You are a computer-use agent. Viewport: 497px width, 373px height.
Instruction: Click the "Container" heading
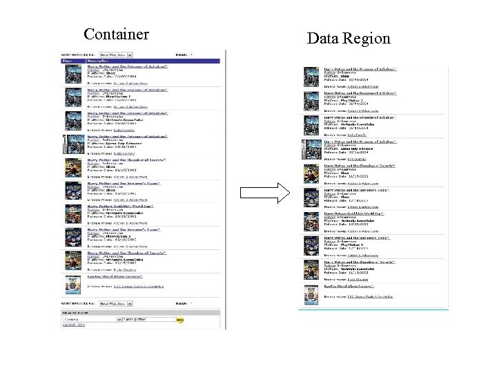coord(116,34)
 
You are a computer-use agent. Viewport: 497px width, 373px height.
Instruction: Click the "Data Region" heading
coord(349,38)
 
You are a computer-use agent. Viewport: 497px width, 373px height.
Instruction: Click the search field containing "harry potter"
coord(148,320)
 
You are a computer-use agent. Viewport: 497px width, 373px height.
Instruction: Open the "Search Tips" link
coord(74,325)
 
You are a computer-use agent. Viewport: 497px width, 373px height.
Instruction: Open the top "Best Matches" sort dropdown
coord(115,54)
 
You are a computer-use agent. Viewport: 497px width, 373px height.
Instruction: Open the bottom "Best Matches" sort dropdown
coord(115,303)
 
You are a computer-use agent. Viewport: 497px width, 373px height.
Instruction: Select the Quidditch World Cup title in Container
coord(119,206)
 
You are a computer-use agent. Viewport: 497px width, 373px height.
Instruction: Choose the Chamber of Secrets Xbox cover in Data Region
coord(310,175)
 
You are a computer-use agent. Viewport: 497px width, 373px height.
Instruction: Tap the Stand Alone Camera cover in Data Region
coord(310,293)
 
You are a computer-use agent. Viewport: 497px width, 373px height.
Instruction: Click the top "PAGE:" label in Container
coord(182,54)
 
